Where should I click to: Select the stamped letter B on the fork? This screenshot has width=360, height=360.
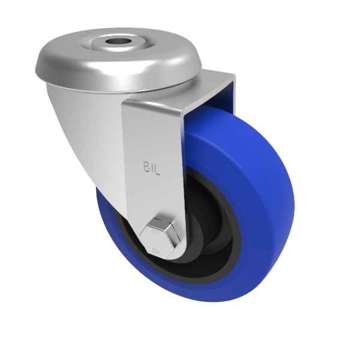pos(145,165)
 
